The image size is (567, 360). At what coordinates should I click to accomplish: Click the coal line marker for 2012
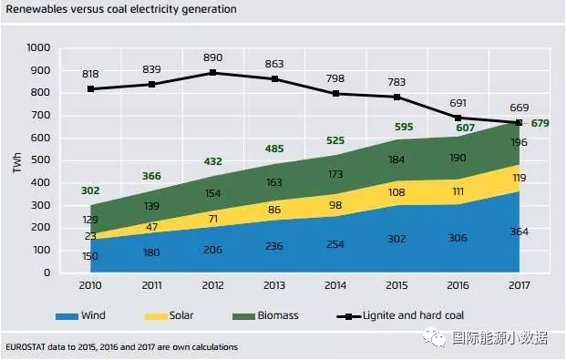(x=213, y=72)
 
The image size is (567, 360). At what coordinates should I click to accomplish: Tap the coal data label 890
(x=213, y=57)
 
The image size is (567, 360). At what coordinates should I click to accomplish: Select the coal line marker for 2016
(x=458, y=118)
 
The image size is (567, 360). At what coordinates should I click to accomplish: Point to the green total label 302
(x=90, y=190)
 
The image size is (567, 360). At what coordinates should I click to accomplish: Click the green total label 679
(x=540, y=123)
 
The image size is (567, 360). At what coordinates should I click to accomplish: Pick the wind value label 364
(x=519, y=231)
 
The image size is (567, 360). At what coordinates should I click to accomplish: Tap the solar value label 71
(x=213, y=219)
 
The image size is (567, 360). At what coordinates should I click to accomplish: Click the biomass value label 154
(x=212, y=193)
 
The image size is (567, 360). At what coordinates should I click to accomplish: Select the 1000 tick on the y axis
(x=38, y=47)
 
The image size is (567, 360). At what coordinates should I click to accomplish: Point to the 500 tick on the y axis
(x=42, y=160)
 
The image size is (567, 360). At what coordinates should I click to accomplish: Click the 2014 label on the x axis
(x=335, y=285)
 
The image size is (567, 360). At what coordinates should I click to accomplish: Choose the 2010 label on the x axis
(x=90, y=285)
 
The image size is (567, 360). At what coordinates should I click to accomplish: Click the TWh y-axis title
(x=17, y=162)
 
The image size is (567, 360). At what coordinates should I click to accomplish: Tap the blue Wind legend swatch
(x=67, y=316)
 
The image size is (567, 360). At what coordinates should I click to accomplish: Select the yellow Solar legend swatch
(x=156, y=316)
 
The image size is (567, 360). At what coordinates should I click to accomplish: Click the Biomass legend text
(x=278, y=315)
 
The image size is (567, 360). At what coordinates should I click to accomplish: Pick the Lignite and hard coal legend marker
(x=348, y=316)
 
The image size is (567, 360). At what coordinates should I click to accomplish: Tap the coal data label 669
(x=520, y=108)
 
